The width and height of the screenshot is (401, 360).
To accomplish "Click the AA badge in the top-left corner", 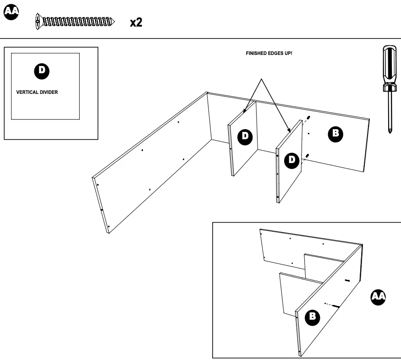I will click(x=11, y=12).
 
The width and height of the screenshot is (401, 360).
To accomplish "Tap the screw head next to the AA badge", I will click(x=38, y=22).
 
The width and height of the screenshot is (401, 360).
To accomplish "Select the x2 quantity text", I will click(x=136, y=22).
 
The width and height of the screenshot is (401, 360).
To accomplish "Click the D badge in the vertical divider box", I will click(x=42, y=70).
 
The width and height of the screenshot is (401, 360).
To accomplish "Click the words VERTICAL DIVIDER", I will click(x=37, y=92).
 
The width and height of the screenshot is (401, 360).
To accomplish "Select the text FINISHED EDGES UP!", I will click(x=269, y=54).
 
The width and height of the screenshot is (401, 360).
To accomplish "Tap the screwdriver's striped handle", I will click(x=390, y=64).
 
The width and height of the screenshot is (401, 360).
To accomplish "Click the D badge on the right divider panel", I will click(x=291, y=160).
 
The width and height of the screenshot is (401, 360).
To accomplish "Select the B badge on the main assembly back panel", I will click(x=335, y=133).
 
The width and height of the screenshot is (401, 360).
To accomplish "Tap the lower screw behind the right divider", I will click(x=307, y=157).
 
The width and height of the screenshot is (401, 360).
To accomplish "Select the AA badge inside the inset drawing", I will click(x=378, y=297).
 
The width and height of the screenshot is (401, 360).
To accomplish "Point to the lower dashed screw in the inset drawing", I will click(x=333, y=305).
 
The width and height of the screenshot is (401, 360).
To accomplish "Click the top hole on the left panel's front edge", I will click(x=97, y=185).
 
